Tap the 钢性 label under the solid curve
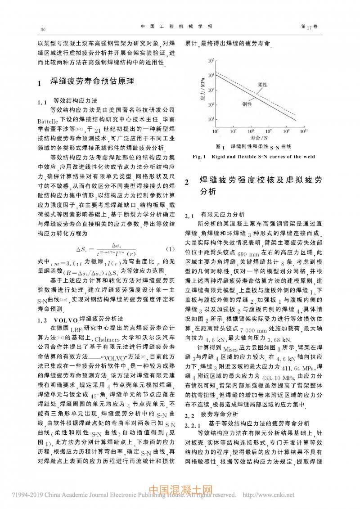247,104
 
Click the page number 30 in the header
43,29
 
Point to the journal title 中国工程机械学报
180,27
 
